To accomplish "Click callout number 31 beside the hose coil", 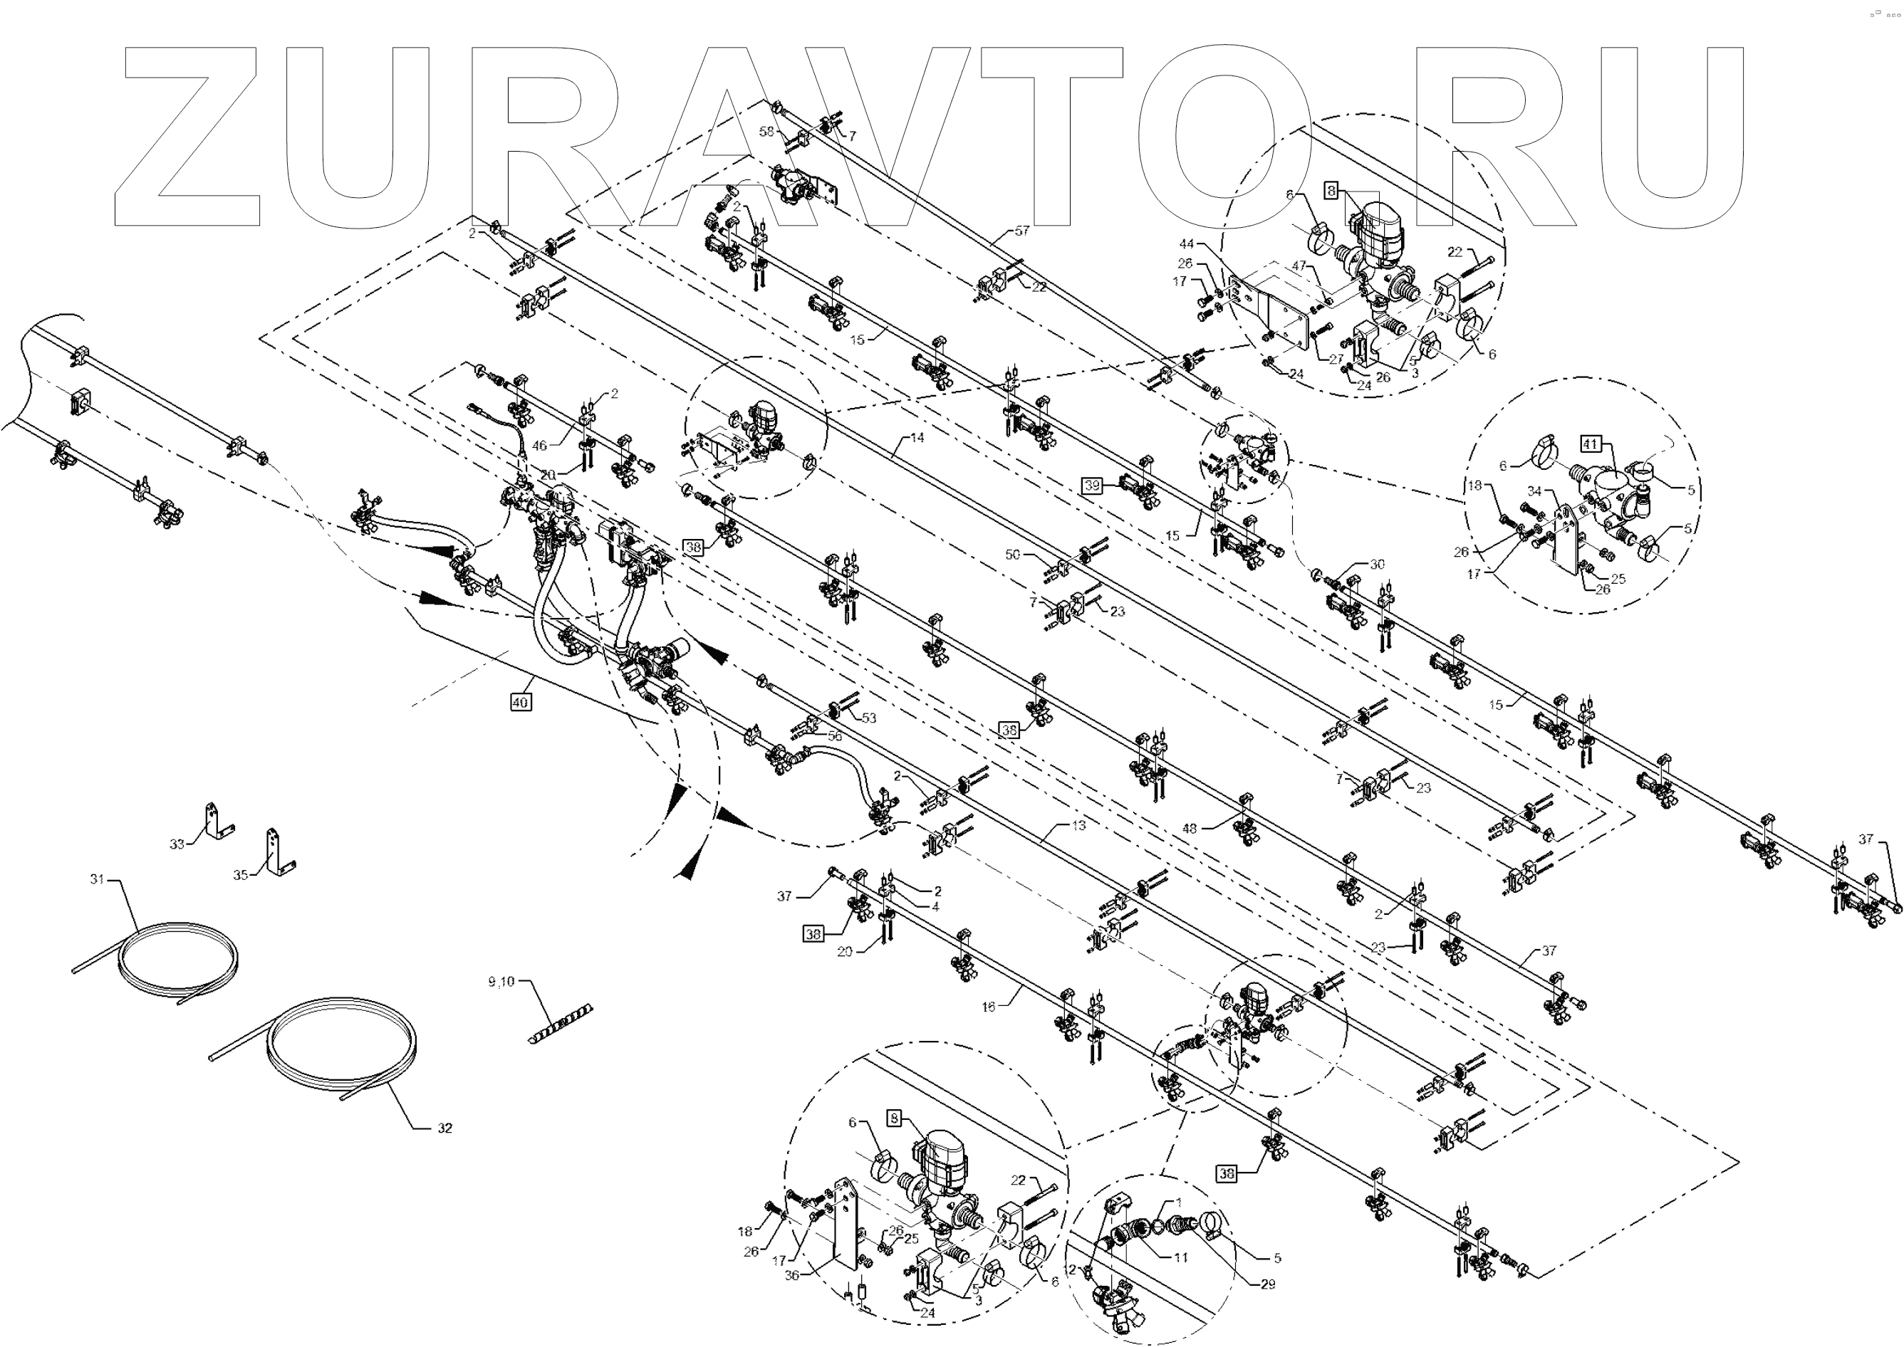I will tap(98, 879).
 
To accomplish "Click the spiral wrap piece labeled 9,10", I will tap(501, 982).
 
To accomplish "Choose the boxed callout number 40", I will tap(520, 703).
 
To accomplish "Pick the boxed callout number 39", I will tap(1092, 486).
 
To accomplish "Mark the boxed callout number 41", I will tap(1590, 444).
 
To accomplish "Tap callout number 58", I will tap(766, 132).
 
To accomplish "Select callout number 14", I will tap(916, 437).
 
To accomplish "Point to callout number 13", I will tap(1078, 825).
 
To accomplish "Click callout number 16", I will tap(988, 1007).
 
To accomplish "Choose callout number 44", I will tap(1187, 244).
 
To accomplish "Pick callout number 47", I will tap(1299, 266).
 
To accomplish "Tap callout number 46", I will tap(539, 446).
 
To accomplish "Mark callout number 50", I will tap(1012, 555).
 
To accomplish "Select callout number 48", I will tap(1189, 828).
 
